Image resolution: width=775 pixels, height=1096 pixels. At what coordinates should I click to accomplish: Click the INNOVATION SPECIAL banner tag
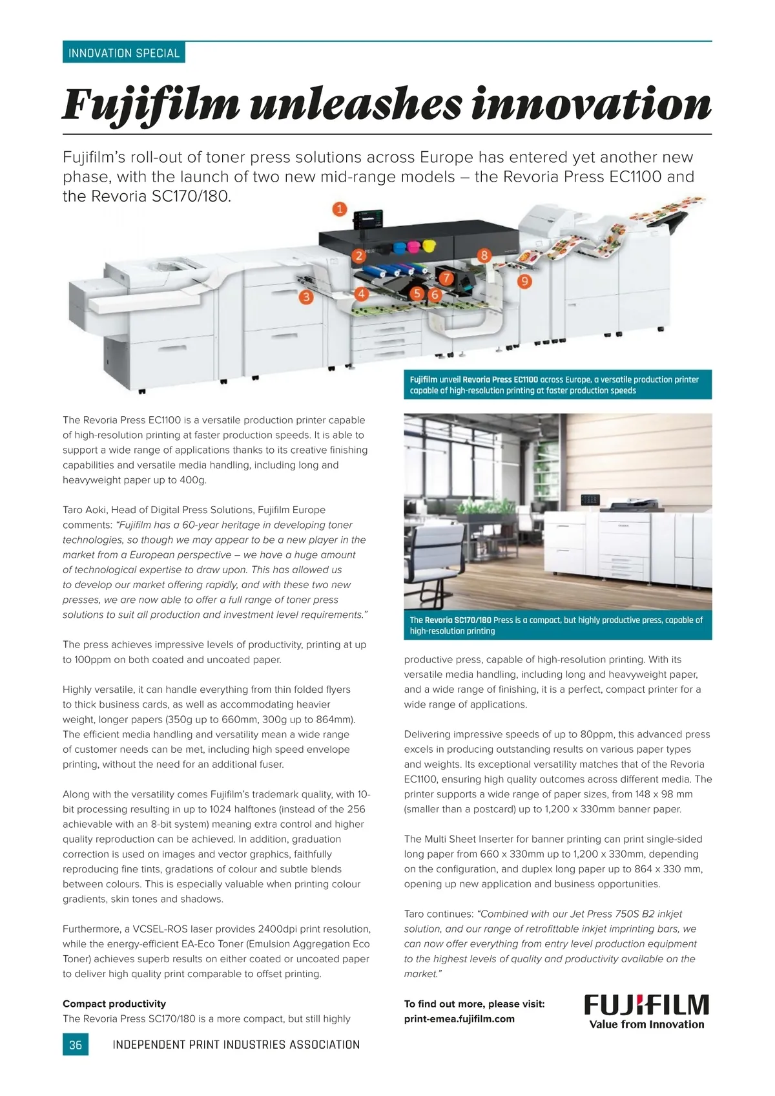tap(123, 53)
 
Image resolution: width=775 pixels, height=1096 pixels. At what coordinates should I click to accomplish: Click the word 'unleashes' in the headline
tap(355, 105)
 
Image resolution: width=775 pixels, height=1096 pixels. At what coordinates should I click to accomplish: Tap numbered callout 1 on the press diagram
tap(340, 209)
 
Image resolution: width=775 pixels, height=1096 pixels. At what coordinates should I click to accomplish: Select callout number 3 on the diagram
tap(305, 297)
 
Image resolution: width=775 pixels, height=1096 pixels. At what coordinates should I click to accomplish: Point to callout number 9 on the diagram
tap(524, 281)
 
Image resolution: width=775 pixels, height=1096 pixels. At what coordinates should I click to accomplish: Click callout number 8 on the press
tap(484, 255)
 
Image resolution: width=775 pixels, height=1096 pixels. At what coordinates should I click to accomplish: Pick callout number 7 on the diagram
tap(446, 278)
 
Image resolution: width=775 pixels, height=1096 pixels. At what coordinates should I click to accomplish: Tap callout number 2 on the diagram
tap(359, 256)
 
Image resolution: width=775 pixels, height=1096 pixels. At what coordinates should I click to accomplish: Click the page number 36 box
tap(76, 1044)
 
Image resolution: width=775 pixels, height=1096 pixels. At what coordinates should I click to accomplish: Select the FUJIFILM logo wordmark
tap(646, 1005)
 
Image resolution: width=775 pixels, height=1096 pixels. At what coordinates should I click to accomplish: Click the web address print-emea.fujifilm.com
tap(459, 1019)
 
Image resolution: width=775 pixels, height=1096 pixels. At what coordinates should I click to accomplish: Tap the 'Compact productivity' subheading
tap(114, 1004)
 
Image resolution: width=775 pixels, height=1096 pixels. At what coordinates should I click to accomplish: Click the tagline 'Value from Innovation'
tap(646, 1024)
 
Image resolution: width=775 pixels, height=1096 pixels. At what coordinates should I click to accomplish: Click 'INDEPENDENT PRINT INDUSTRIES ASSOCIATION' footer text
tap(236, 1044)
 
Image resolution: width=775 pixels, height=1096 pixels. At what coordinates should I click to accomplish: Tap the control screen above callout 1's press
tap(370, 218)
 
